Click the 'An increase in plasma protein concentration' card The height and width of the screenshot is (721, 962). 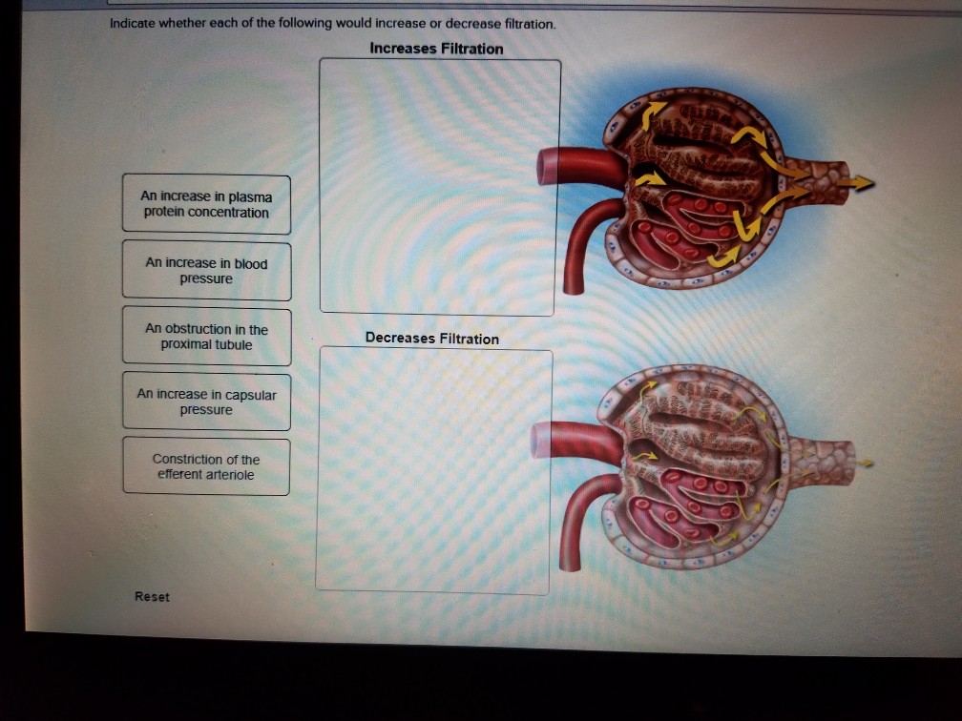(x=206, y=204)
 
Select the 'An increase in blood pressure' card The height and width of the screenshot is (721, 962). (x=206, y=270)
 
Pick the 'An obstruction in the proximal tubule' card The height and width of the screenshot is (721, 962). (x=206, y=336)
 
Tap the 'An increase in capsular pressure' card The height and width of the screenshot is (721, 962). (x=206, y=402)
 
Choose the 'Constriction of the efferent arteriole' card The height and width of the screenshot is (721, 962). (x=206, y=466)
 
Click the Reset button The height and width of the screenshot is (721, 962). (x=152, y=597)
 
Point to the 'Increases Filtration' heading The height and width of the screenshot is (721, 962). (x=436, y=49)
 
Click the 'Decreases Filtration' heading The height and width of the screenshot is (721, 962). (x=431, y=339)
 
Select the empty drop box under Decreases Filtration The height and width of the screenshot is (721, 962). (x=433, y=470)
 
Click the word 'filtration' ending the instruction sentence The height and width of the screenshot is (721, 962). (x=527, y=24)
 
